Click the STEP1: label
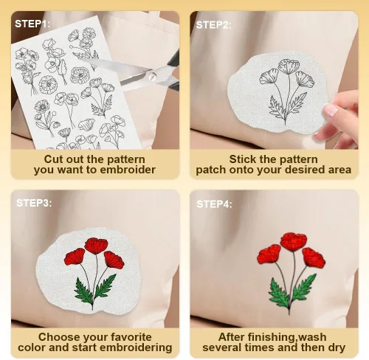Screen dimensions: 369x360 click(x=32, y=24)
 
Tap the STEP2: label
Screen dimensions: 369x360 click(x=213, y=25)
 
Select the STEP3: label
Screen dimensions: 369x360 click(x=34, y=203)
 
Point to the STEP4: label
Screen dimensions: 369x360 click(x=214, y=204)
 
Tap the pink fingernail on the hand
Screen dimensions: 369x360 click(x=331, y=110)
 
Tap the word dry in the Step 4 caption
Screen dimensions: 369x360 click(x=337, y=348)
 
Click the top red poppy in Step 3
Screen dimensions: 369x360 click(x=96, y=246)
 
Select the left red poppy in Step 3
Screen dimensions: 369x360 click(x=75, y=257)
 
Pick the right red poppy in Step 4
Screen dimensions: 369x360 click(x=314, y=258)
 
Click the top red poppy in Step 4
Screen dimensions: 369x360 click(x=294, y=242)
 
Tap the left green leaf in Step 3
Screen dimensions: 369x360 click(x=83, y=291)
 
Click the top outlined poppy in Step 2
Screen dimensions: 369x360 click(x=289, y=66)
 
